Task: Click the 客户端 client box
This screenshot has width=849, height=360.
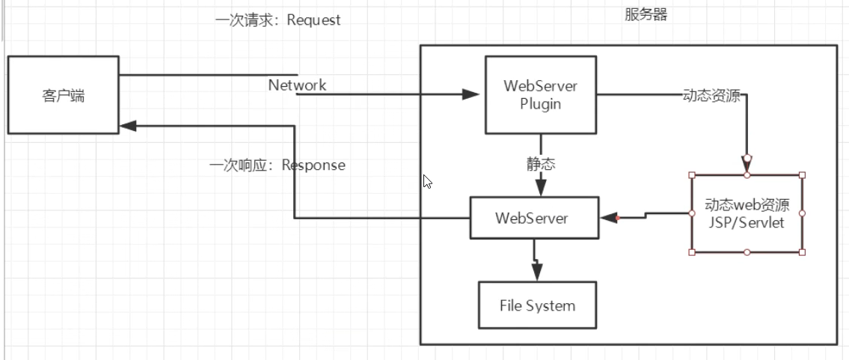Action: [x=63, y=95]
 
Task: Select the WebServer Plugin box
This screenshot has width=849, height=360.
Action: [x=540, y=94]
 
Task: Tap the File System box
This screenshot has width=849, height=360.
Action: [x=537, y=305]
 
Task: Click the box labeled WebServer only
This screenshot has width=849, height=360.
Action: [x=534, y=218]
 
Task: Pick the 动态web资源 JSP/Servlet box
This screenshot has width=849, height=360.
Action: [x=747, y=213]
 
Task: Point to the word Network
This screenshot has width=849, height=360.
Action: [x=297, y=85]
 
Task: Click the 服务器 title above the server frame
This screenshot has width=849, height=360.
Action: [x=646, y=15]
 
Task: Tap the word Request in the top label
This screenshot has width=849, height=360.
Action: [x=314, y=20]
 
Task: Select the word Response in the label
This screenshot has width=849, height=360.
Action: [x=313, y=165]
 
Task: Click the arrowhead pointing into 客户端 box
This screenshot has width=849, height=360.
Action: [x=127, y=126]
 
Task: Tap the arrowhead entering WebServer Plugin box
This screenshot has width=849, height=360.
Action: [x=471, y=95]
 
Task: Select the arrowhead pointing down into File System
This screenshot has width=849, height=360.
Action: [x=536, y=273]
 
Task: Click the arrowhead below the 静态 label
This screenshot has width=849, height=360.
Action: [x=540, y=189]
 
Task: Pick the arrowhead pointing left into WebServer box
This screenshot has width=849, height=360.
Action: [x=609, y=218]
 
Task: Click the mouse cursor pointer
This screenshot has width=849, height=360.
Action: [x=427, y=181]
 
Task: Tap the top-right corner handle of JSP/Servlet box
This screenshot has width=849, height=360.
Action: [x=803, y=175]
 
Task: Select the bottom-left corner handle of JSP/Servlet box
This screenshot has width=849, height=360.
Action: [x=691, y=252]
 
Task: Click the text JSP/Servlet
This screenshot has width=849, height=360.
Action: [x=747, y=222]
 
